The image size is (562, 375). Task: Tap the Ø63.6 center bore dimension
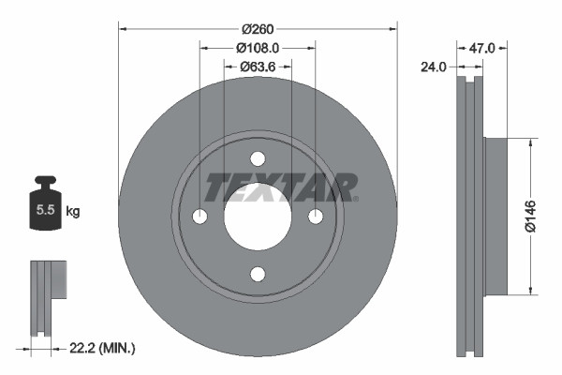tap(258, 66)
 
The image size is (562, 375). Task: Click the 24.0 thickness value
tap(435, 67)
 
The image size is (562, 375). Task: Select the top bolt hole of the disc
tap(258, 157)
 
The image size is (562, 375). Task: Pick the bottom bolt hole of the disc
tap(258, 274)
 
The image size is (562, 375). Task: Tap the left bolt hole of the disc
tap(200, 217)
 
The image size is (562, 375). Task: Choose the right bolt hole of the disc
tap(316, 217)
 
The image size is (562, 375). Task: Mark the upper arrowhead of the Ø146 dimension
tap(531, 142)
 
